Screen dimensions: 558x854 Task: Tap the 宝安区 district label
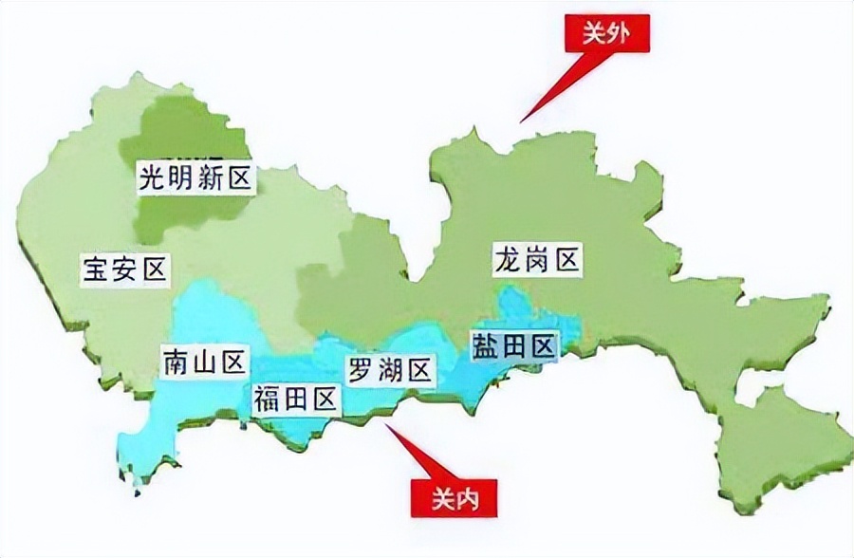(x=124, y=270)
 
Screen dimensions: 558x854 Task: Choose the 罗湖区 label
(x=390, y=370)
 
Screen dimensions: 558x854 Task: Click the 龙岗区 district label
(x=536, y=259)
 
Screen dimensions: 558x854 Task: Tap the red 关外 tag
(x=604, y=34)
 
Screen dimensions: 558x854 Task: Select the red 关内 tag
(x=450, y=494)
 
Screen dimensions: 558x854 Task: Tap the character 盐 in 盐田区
(x=484, y=346)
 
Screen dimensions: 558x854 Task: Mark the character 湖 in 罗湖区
(x=390, y=370)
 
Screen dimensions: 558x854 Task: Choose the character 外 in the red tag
(x=620, y=34)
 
